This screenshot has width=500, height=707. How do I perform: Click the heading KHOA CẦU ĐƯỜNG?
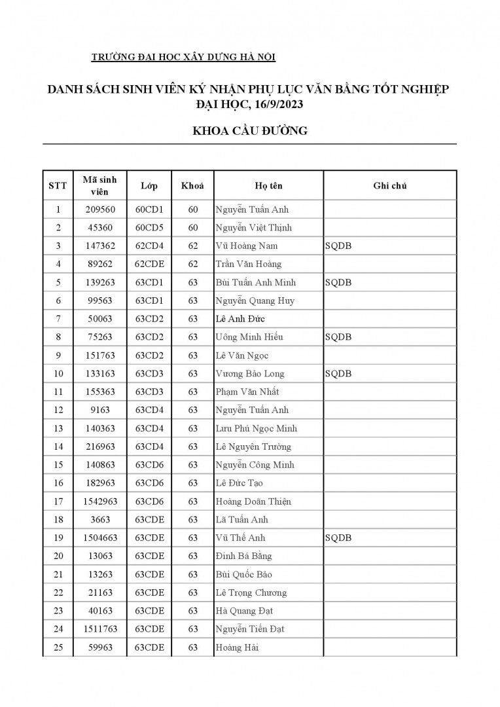(249, 131)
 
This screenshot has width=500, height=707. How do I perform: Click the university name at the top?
(184, 57)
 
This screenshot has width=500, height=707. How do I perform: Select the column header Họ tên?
(268, 186)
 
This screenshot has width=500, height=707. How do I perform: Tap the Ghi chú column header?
(390, 186)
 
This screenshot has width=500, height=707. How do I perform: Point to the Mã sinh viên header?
(100, 186)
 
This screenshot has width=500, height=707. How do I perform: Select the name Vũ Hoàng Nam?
(247, 246)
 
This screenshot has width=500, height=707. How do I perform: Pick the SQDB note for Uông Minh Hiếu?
(338, 337)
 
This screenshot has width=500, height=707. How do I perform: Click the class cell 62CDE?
(149, 264)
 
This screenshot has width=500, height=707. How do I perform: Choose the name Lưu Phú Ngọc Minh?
(256, 429)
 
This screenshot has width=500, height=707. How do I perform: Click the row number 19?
(58, 538)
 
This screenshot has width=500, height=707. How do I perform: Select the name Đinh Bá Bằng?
(243, 556)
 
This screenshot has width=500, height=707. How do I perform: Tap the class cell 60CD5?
(149, 228)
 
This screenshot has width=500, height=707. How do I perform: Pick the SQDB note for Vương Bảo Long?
(338, 374)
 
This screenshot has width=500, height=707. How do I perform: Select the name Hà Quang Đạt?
(244, 611)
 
